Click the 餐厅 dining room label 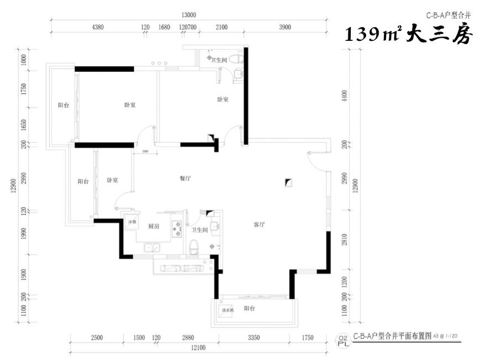coord(185,179)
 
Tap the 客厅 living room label coord(259,225)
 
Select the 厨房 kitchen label coord(154,226)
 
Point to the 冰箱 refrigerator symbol coord(131,223)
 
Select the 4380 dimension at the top coord(98,27)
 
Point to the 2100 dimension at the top coord(221,27)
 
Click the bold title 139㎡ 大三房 coord(408,36)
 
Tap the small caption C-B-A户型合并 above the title coord(448,15)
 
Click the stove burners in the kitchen coord(178,228)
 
